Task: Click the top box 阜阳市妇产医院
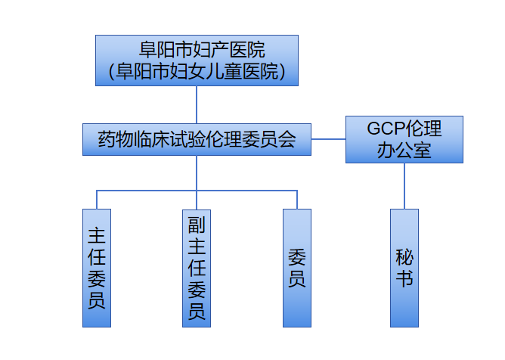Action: pyautogui.click(x=197, y=61)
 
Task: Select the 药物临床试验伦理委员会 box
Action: pyautogui.click(x=197, y=140)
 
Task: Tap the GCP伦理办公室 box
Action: pyautogui.click(x=404, y=139)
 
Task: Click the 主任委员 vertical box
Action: pyautogui.click(x=97, y=268)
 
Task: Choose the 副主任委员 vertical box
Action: pyautogui.click(x=197, y=268)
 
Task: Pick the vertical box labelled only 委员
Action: pyautogui.click(x=297, y=268)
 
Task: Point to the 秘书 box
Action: pyautogui.click(x=404, y=268)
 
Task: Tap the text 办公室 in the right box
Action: pyautogui.click(x=404, y=150)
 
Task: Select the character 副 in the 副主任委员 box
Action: pyautogui.click(x=197, y=225)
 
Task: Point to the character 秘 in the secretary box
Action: pyautogui.click(x=404, y=256)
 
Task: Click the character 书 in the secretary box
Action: pyautogui.click(x=404, y=279)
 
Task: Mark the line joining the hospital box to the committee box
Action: pyautogui.click(x=197, y=105)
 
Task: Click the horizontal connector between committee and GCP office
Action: pyautogui.click(x=328, y=139)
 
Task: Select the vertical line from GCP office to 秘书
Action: pyautogui.click(x=404, y=185)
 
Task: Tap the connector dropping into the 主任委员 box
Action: pyautogui.click(x=97, y=200)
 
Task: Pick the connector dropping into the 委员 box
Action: pyautogui.click(x=297, y=200)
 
